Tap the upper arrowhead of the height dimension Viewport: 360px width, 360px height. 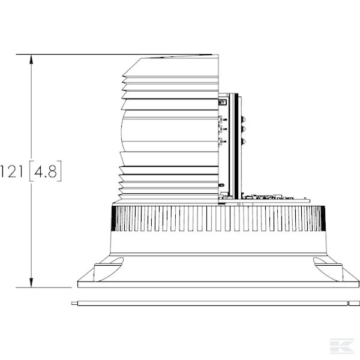pos(32,59)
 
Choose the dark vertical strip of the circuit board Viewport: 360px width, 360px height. pos(236,147)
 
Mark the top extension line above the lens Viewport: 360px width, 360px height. pos(120,55)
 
